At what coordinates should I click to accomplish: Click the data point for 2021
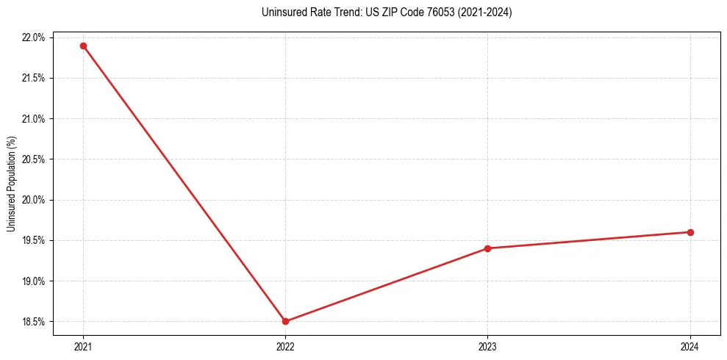pyautogui.click(x=83, y=46)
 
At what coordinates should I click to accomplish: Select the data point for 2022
pyautogui.click(x=285, y=321)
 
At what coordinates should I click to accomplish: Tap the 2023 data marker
pyautogui.click(x=487, y=248)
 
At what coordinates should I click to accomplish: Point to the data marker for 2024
pyautogui.click(x=690, y=232)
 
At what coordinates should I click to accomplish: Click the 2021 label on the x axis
pyautogui.click(x=83, y=346)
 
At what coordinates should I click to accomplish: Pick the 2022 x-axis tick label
pyautogui.click(x=285, y=346)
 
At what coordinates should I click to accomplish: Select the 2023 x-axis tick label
pyautogui.click(x=487, y=346)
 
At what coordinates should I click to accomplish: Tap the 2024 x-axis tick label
pyautogui.click(x=690, y=346)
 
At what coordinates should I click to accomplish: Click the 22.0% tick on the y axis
pyautogui.click(x=34, y=37)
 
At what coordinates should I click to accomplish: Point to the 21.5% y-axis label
pyautogui.click(x=34, y=78)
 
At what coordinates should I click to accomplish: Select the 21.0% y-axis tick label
pyautogui.click(x=34, y=119)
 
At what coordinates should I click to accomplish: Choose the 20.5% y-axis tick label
pyautogui.click(x=34, y=159)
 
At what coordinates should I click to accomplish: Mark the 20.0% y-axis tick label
pyautogui.click(x=34, y=200)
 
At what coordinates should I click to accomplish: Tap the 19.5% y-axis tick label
pyautogui.click(x=34, y=240)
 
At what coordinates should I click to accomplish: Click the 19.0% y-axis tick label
pyautogui.click(x=34, y=281)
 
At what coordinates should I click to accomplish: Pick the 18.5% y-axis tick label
pyautogui.click(x=34, y=322)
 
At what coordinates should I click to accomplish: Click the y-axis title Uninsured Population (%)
pyautogui.click(x=11, y=183)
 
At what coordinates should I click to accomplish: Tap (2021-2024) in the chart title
pyautogui.click(x=485, y=12)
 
